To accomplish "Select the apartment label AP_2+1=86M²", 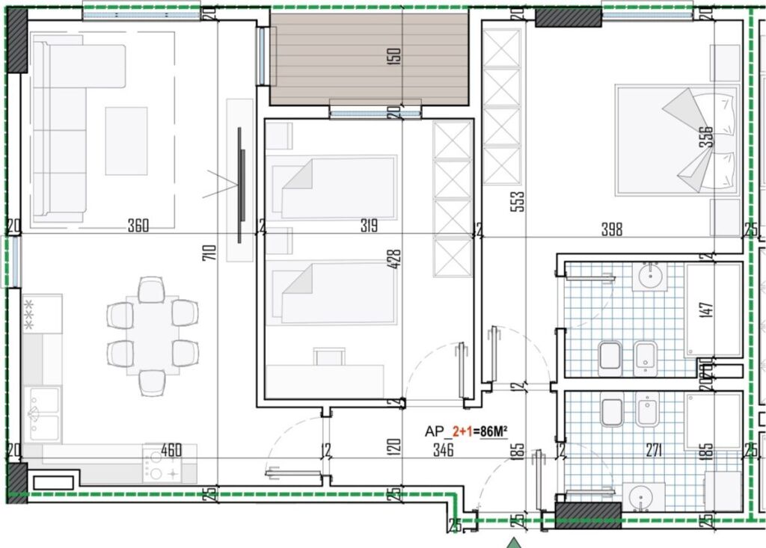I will tap(466, 431).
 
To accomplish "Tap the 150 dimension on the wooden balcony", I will tap(396, 55).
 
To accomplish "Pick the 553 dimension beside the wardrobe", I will tap(518, 201).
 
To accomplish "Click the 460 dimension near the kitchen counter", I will tap(171, 450).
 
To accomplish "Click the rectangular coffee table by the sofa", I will tap(126, 141).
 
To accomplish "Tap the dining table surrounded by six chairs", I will tap(153, 333).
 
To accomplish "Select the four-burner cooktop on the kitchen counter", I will tap(162, 466).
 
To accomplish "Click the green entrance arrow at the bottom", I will tap(513, 541).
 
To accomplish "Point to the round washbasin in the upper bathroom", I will tap(648, 277).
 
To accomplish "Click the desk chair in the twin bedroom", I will tap(327, 357).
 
